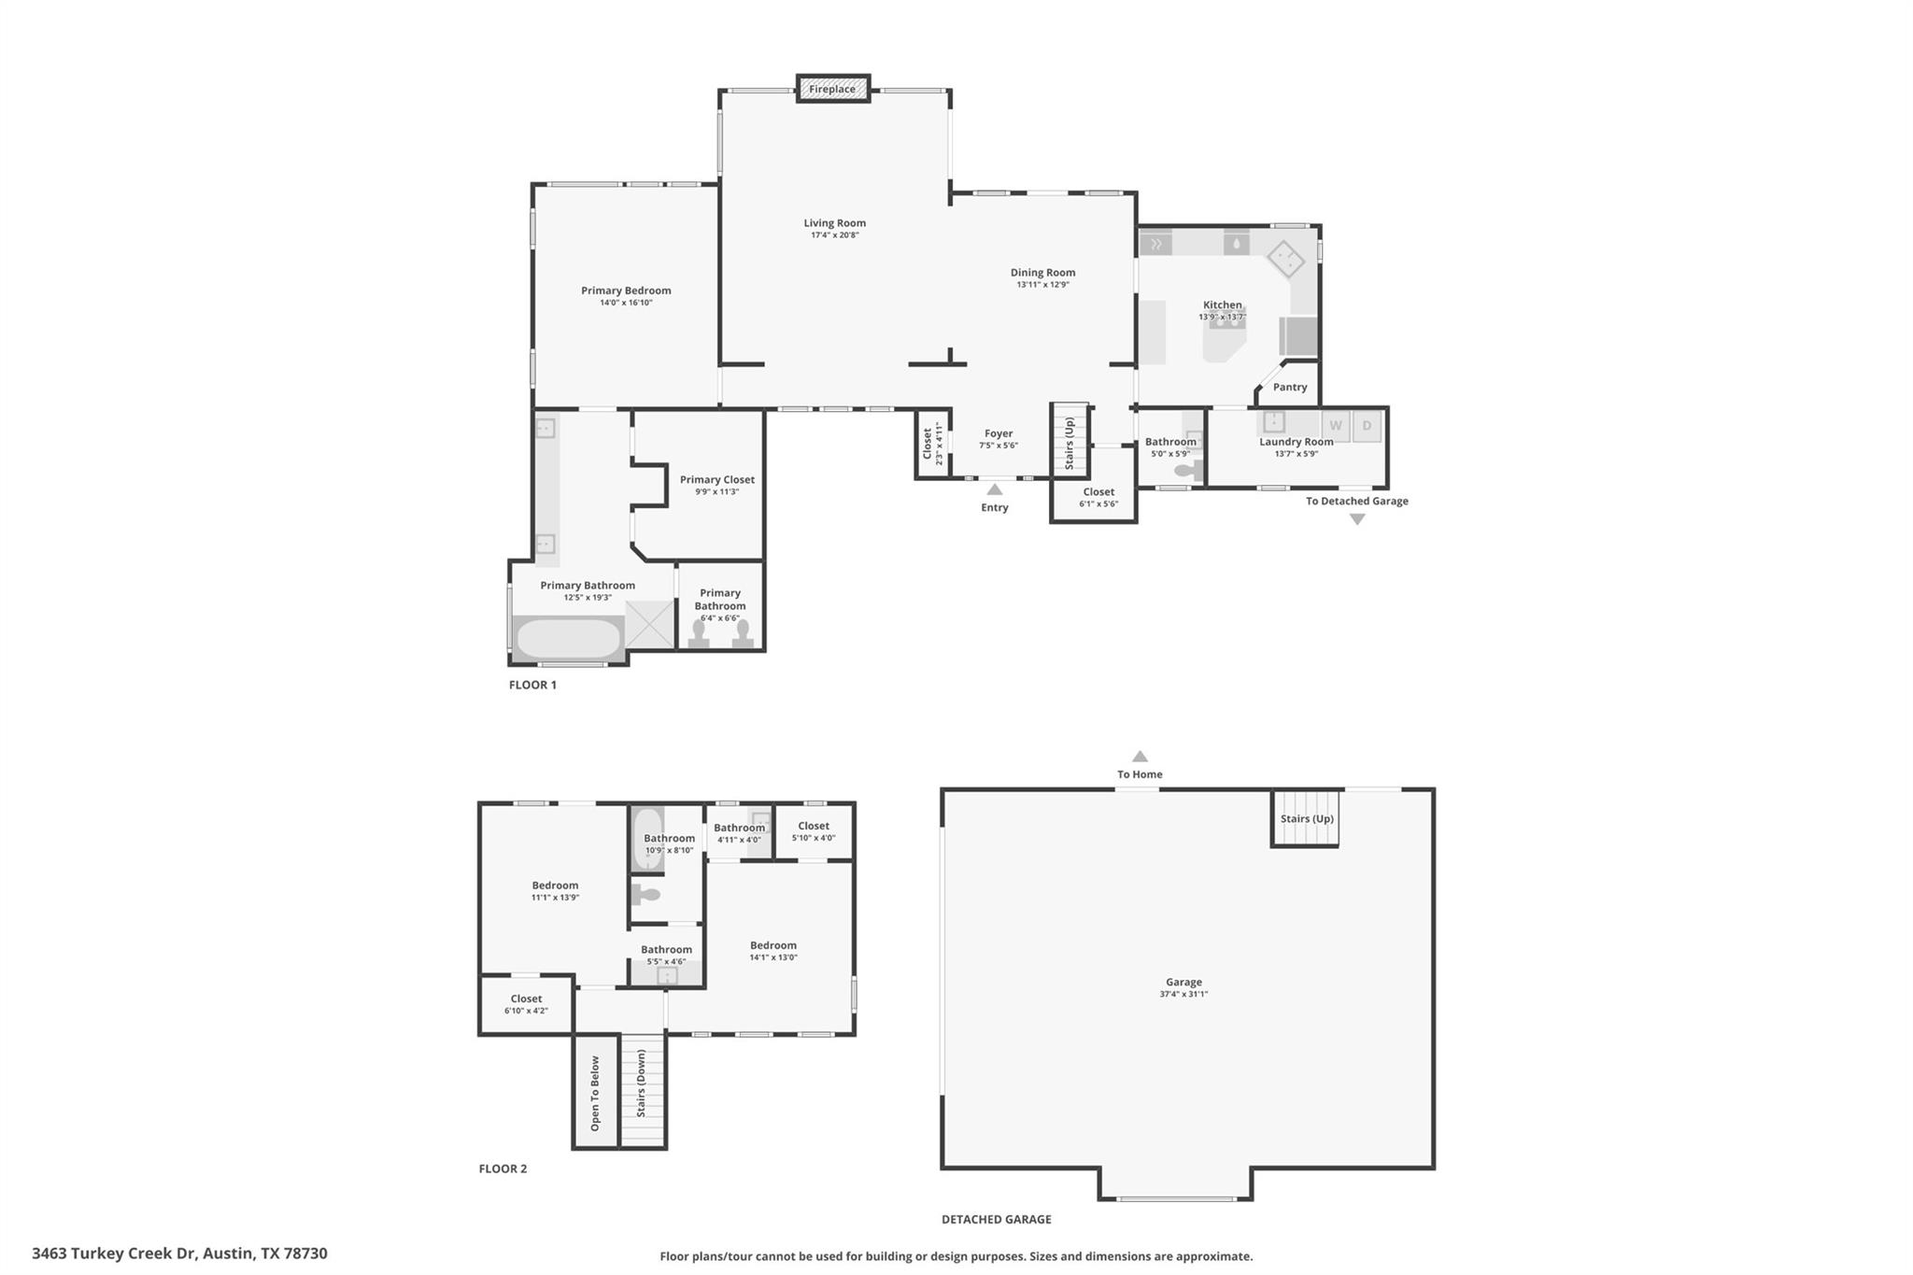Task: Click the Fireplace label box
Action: point(832,89)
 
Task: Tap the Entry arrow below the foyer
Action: point(995,489)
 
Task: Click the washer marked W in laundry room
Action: point(1336,426)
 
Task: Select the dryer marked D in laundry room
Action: point(1367,426)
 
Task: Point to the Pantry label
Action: point(1290,387)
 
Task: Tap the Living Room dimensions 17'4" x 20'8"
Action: point(834,235)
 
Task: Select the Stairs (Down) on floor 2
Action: point(642,1090)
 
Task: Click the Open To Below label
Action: point(595,1093)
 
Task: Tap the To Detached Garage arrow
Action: point(1357,519)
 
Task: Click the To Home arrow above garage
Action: point(1140,757)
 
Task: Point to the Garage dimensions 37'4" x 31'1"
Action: point(1183,994)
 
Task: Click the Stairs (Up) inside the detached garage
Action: point(1306,818)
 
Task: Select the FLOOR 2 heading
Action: point(503,1169)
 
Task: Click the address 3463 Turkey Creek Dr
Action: point(179,1254)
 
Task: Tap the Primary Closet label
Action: point(716,479)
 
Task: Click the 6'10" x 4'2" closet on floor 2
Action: point(526,1004)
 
